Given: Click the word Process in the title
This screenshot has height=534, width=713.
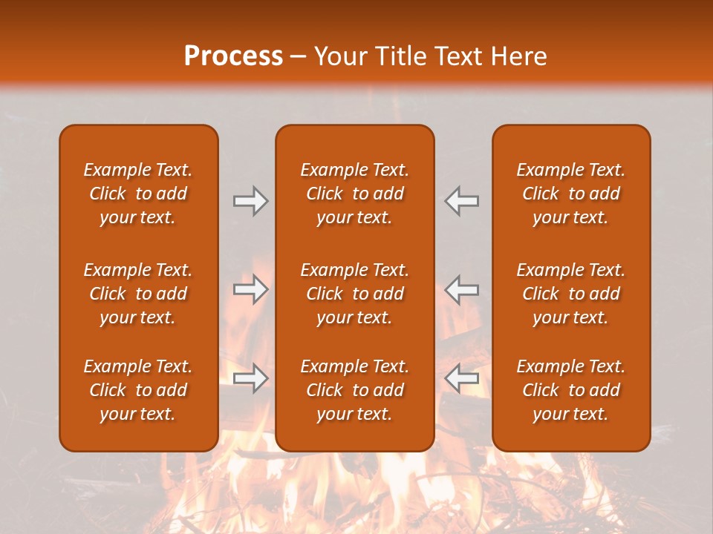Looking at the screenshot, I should pos(233,56).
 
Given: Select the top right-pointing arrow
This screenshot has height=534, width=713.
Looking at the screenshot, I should pos(251,201).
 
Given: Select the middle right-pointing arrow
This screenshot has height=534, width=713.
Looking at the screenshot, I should pos(251,289).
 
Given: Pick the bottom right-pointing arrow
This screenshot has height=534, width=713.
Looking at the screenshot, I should pos(251,378).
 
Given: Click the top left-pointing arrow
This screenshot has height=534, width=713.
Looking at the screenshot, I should pos(461,201).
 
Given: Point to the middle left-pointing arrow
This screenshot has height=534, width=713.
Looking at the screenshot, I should pos(461,289).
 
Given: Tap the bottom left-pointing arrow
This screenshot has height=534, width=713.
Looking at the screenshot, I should pos(461,378).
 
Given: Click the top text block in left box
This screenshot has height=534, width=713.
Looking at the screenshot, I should pos(138,194).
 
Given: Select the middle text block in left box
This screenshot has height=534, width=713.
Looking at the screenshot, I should pos(138,294).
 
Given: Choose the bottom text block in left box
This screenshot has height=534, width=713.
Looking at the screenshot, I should pos(138,390).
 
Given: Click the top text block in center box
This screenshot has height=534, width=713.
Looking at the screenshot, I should pos(355,194).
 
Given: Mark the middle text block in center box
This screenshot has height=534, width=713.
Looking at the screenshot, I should pos(355,294).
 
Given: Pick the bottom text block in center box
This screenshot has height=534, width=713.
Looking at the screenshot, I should pos(355,390).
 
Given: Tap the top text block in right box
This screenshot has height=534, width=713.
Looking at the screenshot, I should pos(571,194).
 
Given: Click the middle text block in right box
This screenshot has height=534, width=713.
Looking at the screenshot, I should pos(571,294).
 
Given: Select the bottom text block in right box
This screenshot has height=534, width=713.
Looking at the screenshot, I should pos(571,390).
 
